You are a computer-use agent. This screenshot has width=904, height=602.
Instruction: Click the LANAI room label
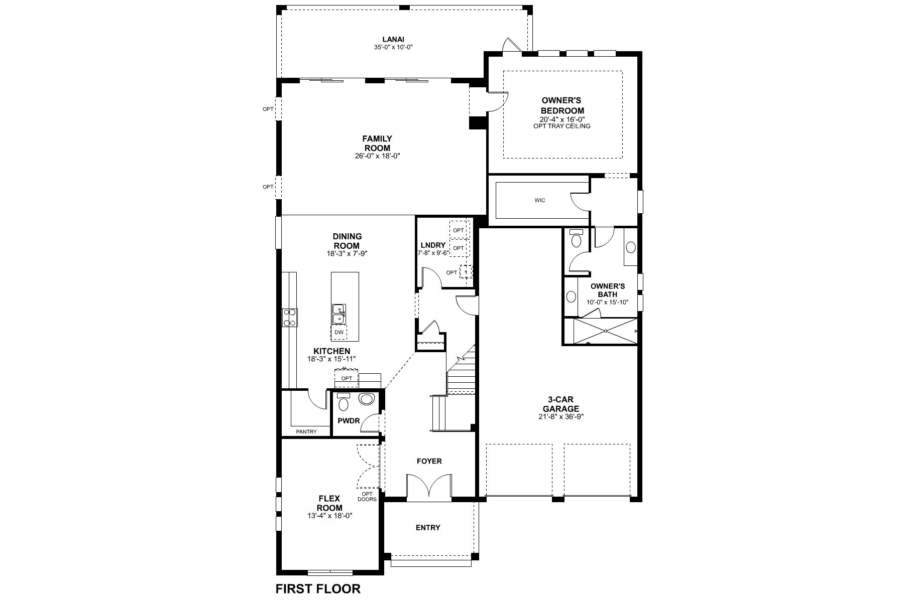click(x=393, y=39)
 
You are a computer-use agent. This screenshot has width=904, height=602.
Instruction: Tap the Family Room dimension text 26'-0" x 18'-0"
click(x=377, y=156)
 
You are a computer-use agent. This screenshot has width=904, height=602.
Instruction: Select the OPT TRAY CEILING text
click(x=562, y=126)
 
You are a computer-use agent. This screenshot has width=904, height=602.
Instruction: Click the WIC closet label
click(x=540, y=201)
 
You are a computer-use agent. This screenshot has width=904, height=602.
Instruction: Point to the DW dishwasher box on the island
click(x=339, y=332)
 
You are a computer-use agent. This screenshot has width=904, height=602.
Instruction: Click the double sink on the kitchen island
click(x=338, y=314)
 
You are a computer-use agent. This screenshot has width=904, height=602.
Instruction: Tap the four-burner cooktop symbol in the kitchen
click(x=290, y=318)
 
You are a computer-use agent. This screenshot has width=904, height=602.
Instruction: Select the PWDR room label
click(x=349, y=421)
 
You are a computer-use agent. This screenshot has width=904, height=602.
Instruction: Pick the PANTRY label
click(x=306, y=431)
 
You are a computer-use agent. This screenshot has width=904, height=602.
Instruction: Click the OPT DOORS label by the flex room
click(x=367, y=497)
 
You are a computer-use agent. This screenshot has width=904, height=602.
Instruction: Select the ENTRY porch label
click(x=428, y=527)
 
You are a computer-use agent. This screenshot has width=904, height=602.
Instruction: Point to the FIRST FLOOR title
click(x=318, y=588)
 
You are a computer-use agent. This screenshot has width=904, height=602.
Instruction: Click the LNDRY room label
click(x=433, y=245)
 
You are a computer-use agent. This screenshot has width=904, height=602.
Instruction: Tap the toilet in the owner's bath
click(x=576, y=240)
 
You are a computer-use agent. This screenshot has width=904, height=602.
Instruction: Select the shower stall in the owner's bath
click(x=606, y=331)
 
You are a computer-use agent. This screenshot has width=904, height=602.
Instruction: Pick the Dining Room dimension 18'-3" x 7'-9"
click(x=347, y=254)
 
